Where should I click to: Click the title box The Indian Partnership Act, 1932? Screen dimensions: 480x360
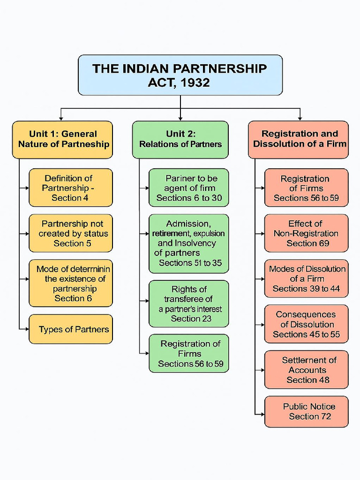point(180,75)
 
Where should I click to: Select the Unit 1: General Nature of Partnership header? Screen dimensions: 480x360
point(62,139)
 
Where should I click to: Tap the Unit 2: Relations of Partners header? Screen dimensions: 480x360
point(180,139)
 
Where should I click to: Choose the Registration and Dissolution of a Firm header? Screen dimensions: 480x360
point(299,139)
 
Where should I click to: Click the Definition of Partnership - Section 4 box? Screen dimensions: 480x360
point(71,187)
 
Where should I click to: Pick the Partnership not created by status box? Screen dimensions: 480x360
point(71,233)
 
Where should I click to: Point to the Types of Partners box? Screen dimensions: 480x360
point(71,329)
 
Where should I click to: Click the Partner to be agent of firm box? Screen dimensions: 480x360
point(189,187)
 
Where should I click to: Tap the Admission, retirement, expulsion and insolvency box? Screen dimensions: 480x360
point(189,243)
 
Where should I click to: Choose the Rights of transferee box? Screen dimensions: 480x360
point(189,304)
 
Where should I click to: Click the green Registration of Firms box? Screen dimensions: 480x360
point(189,353)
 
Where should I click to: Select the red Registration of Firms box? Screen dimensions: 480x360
point(307,187)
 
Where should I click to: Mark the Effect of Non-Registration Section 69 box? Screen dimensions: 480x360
point(307,233)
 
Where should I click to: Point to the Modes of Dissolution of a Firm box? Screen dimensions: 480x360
point(307,278)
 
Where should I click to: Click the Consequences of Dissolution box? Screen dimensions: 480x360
point(307,324)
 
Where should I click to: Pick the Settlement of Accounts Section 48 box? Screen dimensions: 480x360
point(307,369)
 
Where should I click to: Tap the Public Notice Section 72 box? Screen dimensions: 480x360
point(307,412)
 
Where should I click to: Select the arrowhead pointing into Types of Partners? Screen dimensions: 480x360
point(27,329)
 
